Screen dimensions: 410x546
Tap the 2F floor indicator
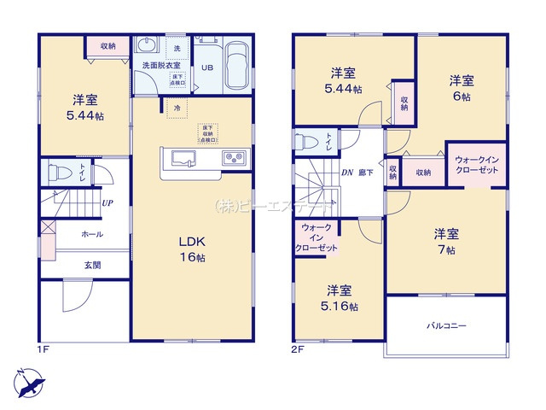298,349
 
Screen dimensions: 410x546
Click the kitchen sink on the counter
183,158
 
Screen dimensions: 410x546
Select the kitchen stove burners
234,158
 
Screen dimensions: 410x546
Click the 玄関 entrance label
92,265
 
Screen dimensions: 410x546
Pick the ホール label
92,233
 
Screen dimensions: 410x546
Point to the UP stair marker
107,203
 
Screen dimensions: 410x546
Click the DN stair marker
347,173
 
